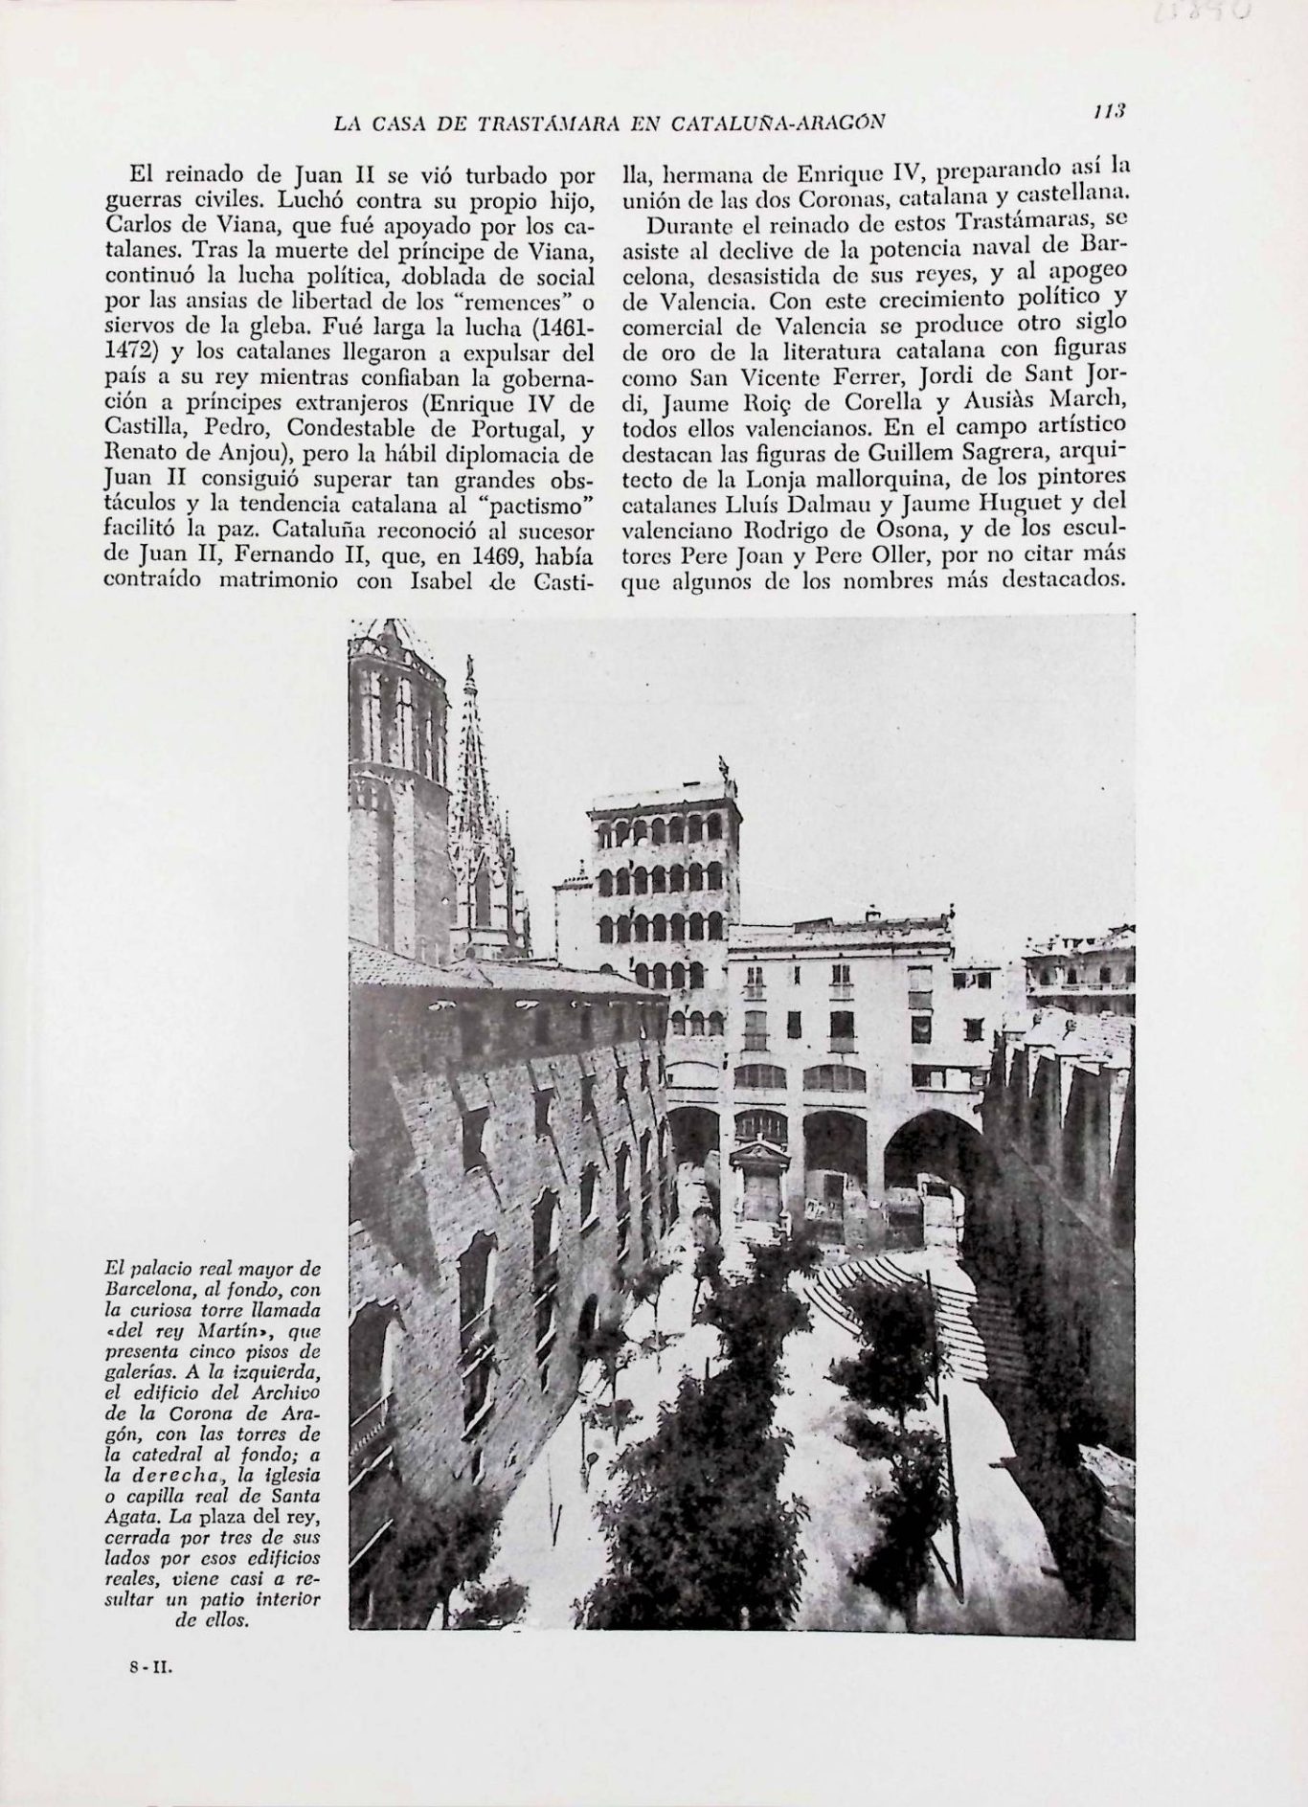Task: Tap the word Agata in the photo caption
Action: point(135,1520)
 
